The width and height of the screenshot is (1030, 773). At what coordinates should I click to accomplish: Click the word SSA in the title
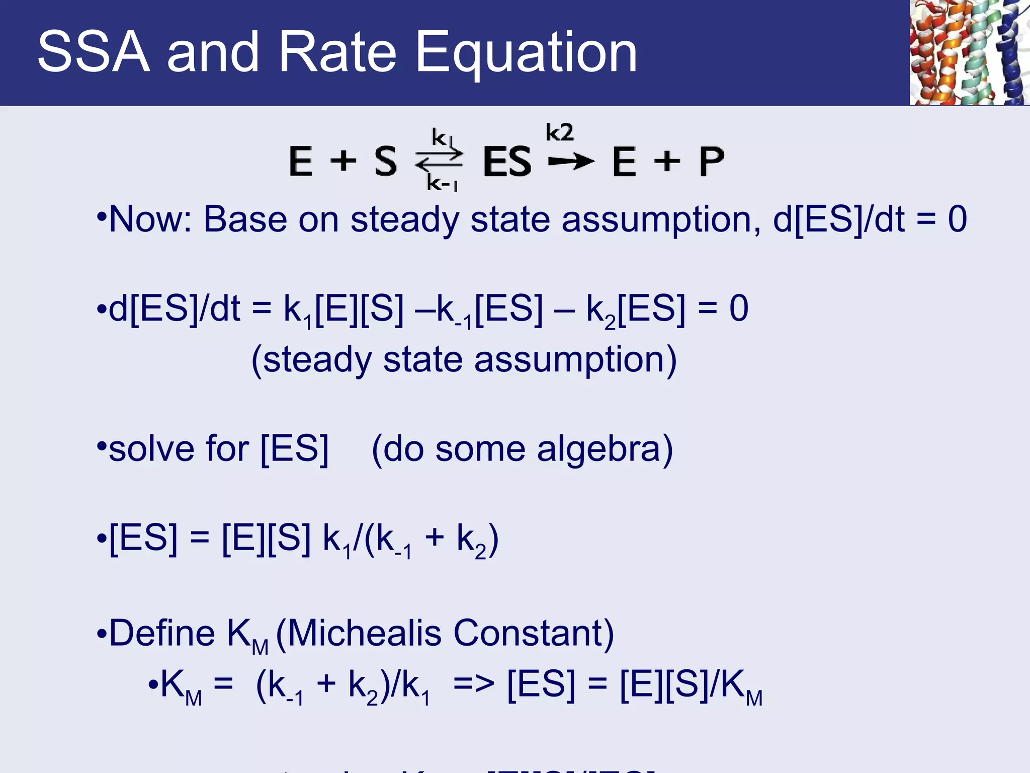click(x=94, y=52)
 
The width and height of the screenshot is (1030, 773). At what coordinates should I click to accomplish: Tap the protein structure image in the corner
click(x=969, y=52)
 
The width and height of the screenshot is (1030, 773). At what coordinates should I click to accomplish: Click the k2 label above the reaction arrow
click(x=560, y=133)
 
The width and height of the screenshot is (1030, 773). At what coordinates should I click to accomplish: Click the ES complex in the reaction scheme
click(x=506, y=162)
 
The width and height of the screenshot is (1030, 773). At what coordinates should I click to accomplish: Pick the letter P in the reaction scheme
click(x=711, y=162)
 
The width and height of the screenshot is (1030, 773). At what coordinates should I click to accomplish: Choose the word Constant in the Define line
click(x=533, y=633)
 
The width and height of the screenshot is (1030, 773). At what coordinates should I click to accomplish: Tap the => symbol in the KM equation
click(x=473, y=685)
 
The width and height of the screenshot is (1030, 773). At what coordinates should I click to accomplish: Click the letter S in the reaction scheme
click(x=386, y=162)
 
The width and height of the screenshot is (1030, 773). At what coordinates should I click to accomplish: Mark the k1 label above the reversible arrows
click(x=442, y=137)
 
